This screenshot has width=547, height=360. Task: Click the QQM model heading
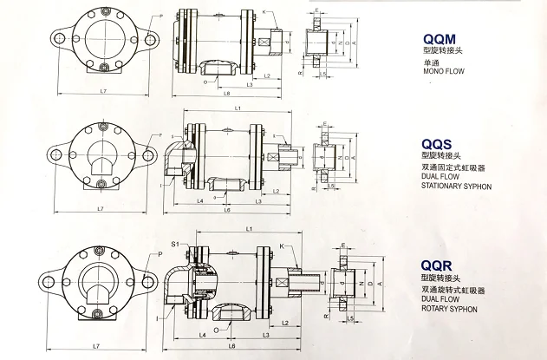click(x=439, y=40)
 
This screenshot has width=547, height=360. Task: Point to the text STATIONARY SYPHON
click(x=456, y=187)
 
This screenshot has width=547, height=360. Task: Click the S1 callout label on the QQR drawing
click(x=175, y=245)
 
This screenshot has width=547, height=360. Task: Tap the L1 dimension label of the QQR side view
click(x=248, y=228)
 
